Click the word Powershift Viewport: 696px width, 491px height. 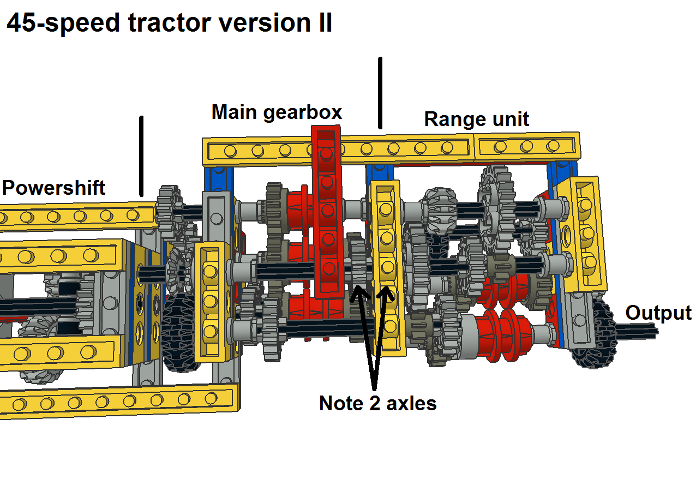coord(53,188)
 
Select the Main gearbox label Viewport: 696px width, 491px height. coord(277,112)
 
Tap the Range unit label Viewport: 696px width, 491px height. coord(476,119)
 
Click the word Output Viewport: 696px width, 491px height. coord(658,313)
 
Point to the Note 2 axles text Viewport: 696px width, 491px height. coord(377,404)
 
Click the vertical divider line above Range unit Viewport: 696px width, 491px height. coord(380,93)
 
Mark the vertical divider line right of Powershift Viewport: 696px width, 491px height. coord(141,156)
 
